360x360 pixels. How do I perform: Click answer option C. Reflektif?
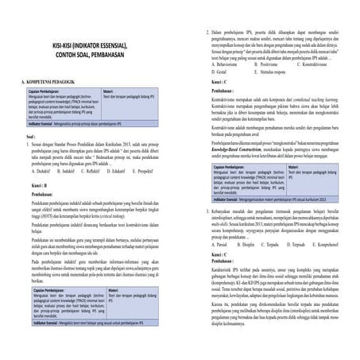point(104,170)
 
